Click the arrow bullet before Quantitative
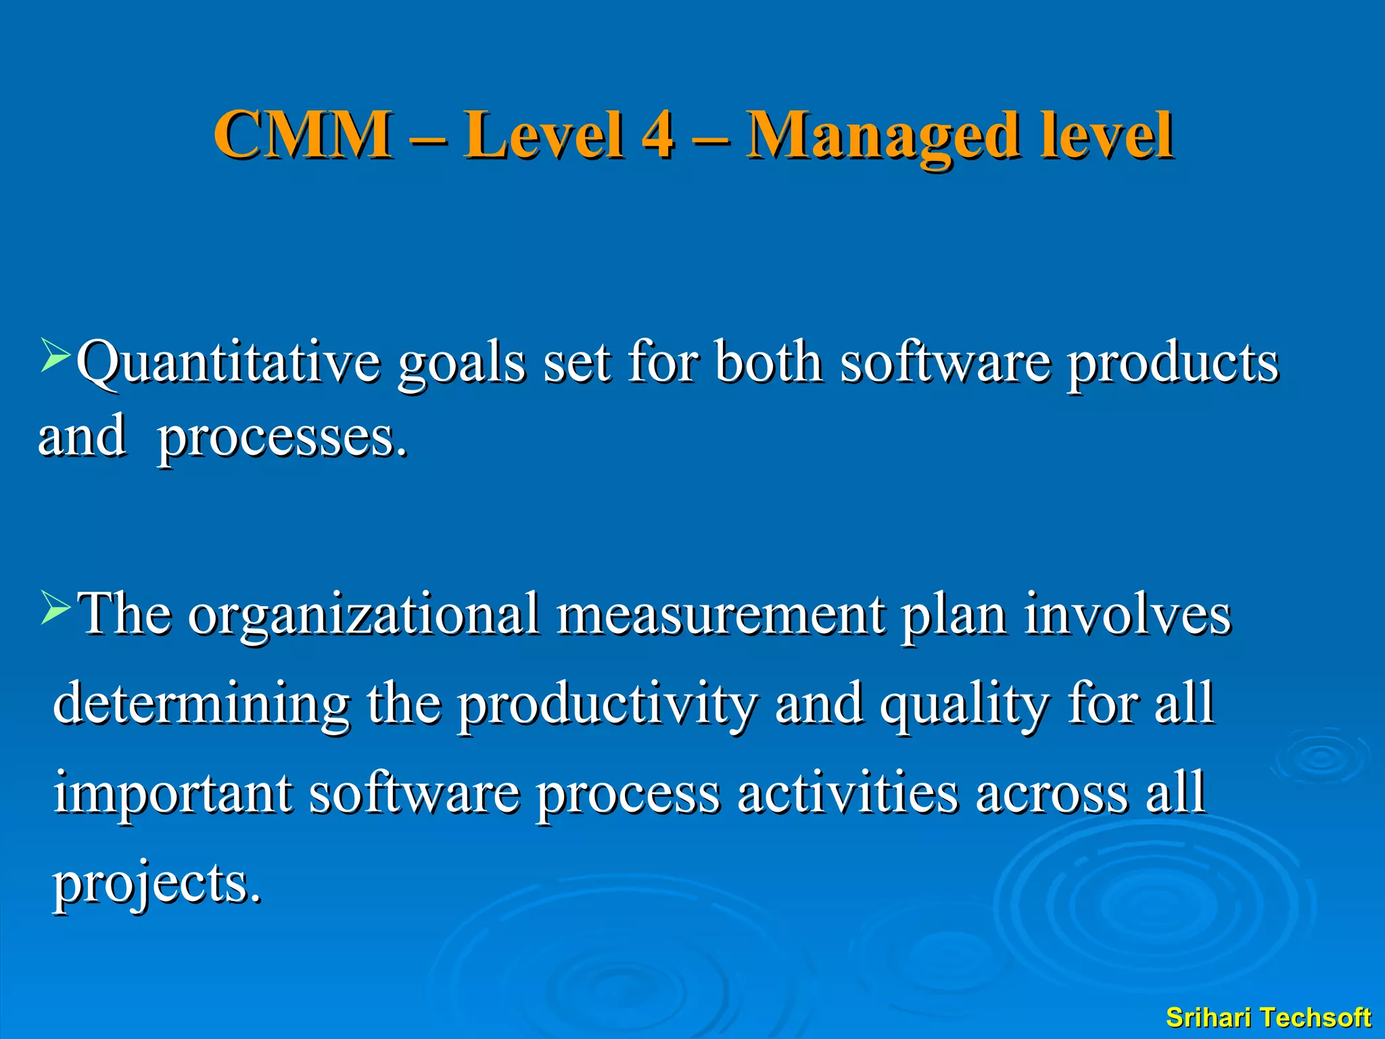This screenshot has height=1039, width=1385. click(55, 356)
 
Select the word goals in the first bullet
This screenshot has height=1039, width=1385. click(461, 363)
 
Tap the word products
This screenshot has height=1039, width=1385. click(1173, 363)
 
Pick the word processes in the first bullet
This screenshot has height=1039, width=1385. click(282, 438)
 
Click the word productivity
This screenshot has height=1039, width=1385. click(607, 703)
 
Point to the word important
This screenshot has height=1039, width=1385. click(173, 793)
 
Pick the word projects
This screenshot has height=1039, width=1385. click(157, 883)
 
